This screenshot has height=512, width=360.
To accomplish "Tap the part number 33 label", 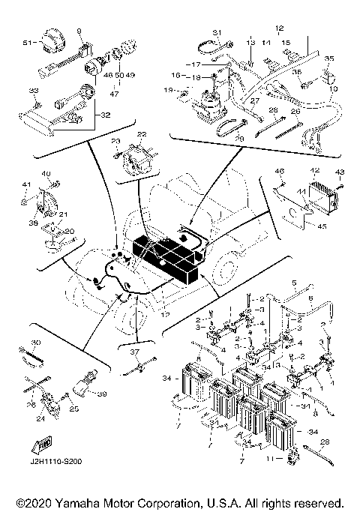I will (32, 91).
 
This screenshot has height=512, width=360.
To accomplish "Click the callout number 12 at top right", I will (280, 29).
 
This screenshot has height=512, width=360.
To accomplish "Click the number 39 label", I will (103, 394).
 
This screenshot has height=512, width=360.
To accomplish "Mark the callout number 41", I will (25, 184).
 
